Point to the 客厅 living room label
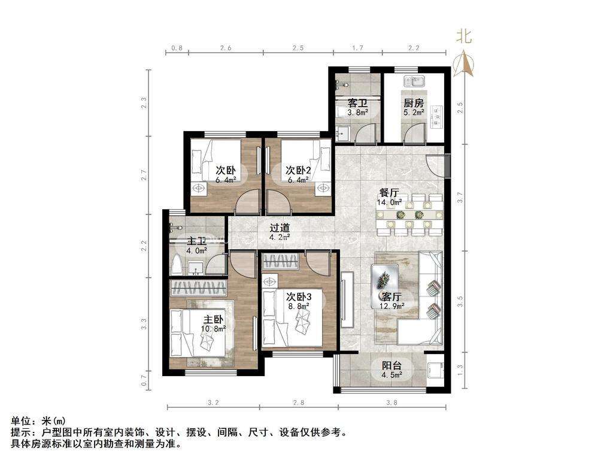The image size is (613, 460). (393, 296)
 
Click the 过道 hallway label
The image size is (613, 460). (280, 228)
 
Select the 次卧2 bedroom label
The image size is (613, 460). (298, 170)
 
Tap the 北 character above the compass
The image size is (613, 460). (464, 37)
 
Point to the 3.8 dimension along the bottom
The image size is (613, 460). (392, 402)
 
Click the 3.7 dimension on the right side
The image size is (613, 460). (460, 195)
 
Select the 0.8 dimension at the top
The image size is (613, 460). (177, 47)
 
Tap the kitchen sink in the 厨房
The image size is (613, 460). (413, 80)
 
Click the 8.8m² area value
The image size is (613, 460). (299, 306)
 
